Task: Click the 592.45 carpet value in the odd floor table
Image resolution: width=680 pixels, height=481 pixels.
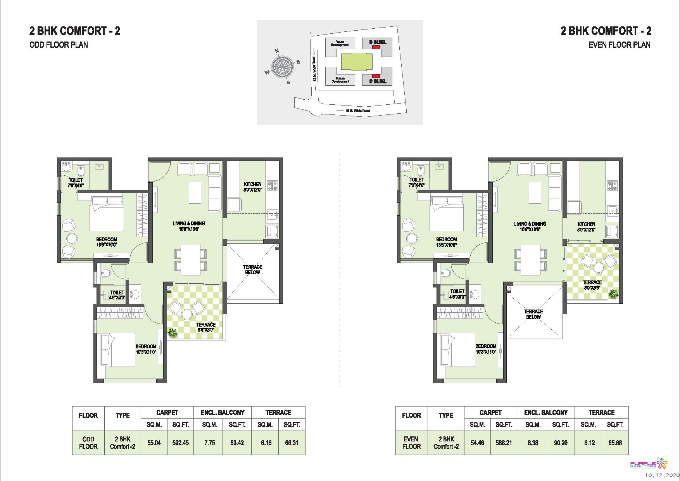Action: pyautogui.click(x=180, y=443)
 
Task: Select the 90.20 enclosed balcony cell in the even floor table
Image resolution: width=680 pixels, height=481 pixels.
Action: pyautogui.click(x=561, y=443)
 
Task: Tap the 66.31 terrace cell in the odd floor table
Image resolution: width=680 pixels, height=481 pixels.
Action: pyautogui.click(x=292, y=443)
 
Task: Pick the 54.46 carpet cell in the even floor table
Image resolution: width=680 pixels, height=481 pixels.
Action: pyautogui.click(x=477, y=443)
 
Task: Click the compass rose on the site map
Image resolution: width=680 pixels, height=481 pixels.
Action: pyautogui.click(x=282, y=67)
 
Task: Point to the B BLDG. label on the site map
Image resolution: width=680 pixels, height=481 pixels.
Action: pyautogui.click(x=378, y=42)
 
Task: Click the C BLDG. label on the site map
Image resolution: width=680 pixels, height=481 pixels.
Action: pyautogui.click(x=378, y=81)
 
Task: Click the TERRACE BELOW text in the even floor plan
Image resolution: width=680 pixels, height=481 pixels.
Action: pyautogui.click(x=533, y=314)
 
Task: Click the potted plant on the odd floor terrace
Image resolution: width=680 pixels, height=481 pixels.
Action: pyautogui.click(x=172, y=332)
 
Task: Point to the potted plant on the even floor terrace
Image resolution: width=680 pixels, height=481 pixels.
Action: pyautogui.click(x=613, y=294)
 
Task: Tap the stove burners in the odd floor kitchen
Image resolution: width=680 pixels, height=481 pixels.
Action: pyautogui.click(x=272, y=185)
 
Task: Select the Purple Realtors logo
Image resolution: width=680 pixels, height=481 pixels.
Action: pyautogui.click(x=654, y=463)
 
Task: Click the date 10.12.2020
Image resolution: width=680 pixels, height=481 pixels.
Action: pyautogui.click(x=661, y=475)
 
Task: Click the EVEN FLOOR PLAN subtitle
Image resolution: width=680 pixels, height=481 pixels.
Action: pyautogui.click(x=619, y=45)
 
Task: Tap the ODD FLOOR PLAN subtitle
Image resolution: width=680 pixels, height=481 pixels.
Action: pyautogui.click(x=59, y=45)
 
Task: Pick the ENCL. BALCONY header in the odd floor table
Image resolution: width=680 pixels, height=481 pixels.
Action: pyautogui.click(x=223, y=412)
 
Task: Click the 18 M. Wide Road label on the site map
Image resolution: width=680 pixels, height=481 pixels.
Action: pyautogui.click(x=357, y=111)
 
